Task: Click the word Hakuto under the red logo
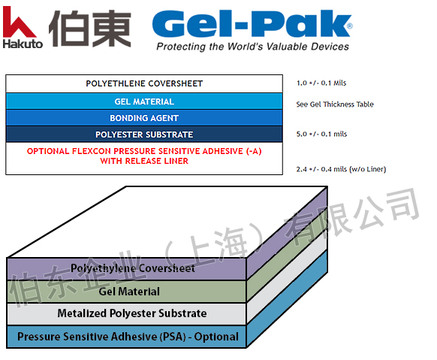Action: pos(23,43)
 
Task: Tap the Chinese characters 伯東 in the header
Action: pos(89,28)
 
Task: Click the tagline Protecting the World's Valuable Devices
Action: pos(252,47)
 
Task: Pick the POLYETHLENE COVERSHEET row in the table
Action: pos(144,83)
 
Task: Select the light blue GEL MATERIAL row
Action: pos(144,101)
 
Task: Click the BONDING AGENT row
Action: pos(144,118)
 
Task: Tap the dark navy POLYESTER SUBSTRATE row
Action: pos(144,135)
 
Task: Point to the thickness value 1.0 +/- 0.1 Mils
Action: pos(322,83)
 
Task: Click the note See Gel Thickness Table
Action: pos(335,104)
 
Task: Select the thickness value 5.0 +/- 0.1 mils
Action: pos(322,135)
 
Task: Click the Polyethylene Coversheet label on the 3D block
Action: pos(133,268)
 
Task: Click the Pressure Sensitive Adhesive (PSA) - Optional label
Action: pos(128,337)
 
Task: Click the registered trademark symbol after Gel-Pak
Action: pos(349,26)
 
